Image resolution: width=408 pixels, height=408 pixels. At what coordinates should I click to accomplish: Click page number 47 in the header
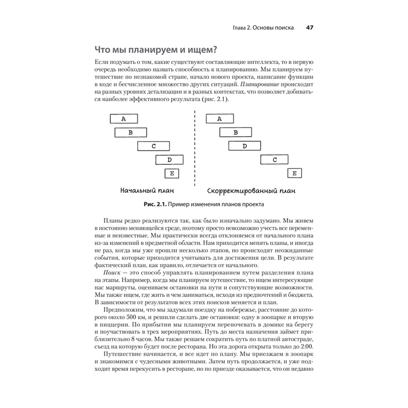pyautogui.click(x=309, y=28)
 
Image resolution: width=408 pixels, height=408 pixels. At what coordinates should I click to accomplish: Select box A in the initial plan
pyautogui.click(x=124, y=119)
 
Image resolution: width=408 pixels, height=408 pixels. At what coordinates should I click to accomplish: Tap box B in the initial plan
pyautogui.click(x=131, y=132)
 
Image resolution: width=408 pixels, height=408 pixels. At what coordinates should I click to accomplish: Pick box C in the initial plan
pyautogui.click(x=153, y=146)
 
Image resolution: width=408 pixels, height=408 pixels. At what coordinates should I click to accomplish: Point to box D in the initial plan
pyautogui.click(x=169, y=160)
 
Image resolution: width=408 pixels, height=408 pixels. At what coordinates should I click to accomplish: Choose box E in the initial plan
pyautogui.click(x=172, y=173)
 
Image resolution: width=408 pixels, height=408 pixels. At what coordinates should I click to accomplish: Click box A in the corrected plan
pyautogui.click(x=220, y=119)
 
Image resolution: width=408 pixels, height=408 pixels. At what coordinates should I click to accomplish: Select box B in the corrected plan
pyautogui.click(x=235, y=132)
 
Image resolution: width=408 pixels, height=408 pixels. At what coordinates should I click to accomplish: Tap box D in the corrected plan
pyautogui.click(x=245, y=146)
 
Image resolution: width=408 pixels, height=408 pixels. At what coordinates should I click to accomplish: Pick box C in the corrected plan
pyautogui.click(x=275, y=160)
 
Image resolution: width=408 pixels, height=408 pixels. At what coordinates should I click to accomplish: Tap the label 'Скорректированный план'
pyautogui.click(x=251, y=191)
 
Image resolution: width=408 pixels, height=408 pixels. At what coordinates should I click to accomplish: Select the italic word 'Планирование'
pyautogui.click(x=259, y=85)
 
